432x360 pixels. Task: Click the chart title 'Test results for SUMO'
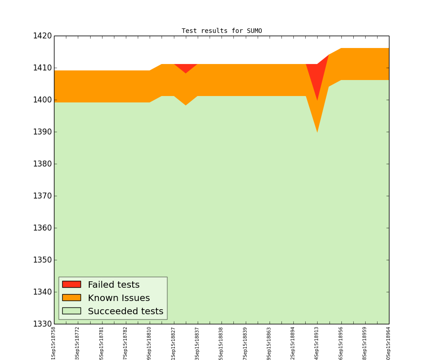click(221, 31)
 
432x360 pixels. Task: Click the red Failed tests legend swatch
click(71, 285)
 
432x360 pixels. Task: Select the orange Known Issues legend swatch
click(71, 298)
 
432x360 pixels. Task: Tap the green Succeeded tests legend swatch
click(71, 311)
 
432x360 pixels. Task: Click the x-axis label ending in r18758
click(54, 343)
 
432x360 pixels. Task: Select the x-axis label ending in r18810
click(150, 343)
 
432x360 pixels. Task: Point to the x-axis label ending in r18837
click(197, 343)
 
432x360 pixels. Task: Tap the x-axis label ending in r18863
click(269, 343)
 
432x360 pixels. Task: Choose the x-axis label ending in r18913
click(317, 343)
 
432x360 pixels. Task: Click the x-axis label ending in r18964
click(389, 343)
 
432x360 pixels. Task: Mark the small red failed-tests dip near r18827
click(185, 68)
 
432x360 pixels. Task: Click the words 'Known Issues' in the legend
click(119, 298)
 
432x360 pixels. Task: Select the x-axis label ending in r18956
click(341, 343)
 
